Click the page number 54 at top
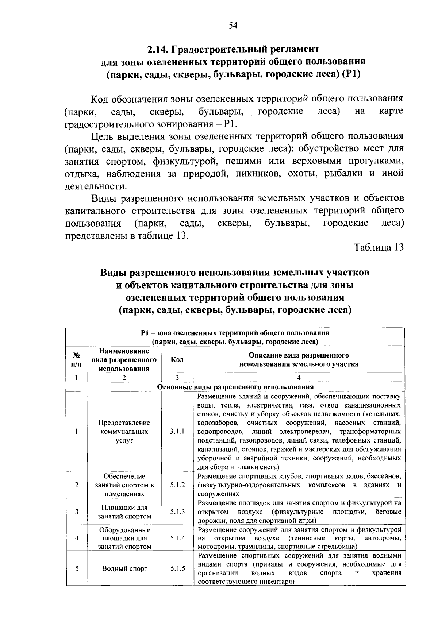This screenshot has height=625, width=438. click(233, 25)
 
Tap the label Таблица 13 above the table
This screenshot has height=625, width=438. click(379, 247)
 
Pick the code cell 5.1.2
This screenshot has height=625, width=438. click(177, 485)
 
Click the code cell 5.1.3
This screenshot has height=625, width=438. click(177, 512)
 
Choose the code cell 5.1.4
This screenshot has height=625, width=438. click(177, 538)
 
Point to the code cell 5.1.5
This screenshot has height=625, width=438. click(177, 568)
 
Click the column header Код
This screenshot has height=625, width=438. click(177, 360)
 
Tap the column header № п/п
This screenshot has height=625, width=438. click(77, 360)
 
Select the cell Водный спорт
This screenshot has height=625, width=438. click(125, 568)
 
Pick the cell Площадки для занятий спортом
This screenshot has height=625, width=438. click(124, 512)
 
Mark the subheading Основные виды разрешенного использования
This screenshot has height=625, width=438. click(235, 387)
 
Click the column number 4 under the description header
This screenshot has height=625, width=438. click(299, 378)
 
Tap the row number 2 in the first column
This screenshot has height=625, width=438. click(77, 485)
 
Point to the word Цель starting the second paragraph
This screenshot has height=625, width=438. click(101, 136)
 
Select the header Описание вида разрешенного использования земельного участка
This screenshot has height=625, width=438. click(299, 360)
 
